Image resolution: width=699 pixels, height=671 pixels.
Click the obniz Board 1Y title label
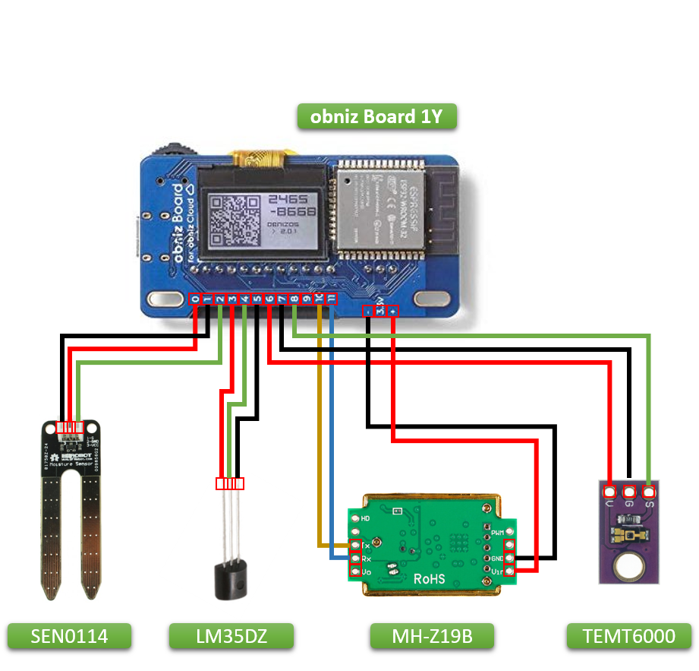tap(376, 116)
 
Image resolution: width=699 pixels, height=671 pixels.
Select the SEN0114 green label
tap(69, 635)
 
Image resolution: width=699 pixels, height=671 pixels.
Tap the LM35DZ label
tap(231, 635)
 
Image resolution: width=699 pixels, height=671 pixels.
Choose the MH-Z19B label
tap(432, 635)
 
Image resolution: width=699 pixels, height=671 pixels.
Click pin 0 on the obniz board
tap(195, 300)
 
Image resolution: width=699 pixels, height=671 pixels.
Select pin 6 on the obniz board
tap(269, 300)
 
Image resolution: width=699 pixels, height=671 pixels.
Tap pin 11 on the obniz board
tap(331, 300)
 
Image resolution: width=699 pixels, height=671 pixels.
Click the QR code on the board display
tap(235, 220)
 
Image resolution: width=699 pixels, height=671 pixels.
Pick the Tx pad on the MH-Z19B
tap(354, 545)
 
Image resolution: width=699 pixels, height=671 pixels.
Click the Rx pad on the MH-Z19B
tap(354, 558)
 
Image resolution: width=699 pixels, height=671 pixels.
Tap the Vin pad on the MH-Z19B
tap(510, 570)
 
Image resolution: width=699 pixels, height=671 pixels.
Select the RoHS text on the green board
tap(430, 579)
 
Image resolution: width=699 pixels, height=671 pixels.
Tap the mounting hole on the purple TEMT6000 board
tap(629, 566)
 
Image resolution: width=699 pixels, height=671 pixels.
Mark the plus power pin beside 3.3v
tap(393, 310)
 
